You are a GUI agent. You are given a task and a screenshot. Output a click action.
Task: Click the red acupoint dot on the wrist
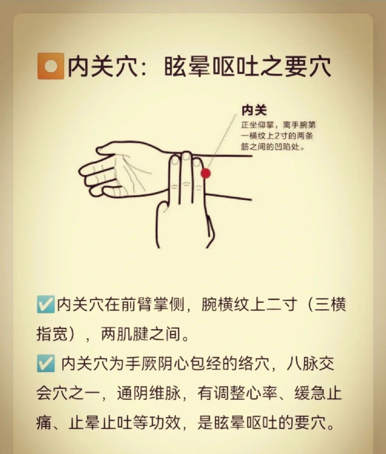coord(206,173)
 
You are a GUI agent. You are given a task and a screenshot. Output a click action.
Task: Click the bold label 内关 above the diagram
coord(254,110)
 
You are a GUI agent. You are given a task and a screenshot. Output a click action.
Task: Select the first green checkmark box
coord(45,305)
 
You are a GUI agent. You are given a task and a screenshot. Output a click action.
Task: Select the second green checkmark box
coord(45,364)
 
